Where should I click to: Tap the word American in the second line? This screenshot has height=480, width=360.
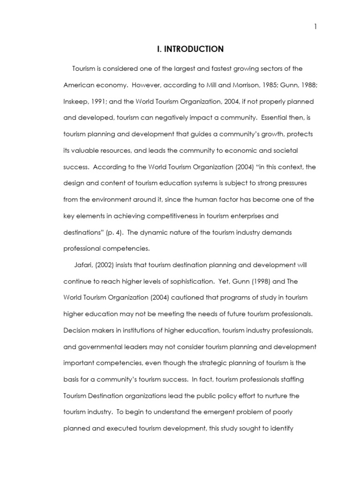click(x=79, y=85)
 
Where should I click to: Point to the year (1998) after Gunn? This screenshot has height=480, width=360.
click(x=253, y=282)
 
